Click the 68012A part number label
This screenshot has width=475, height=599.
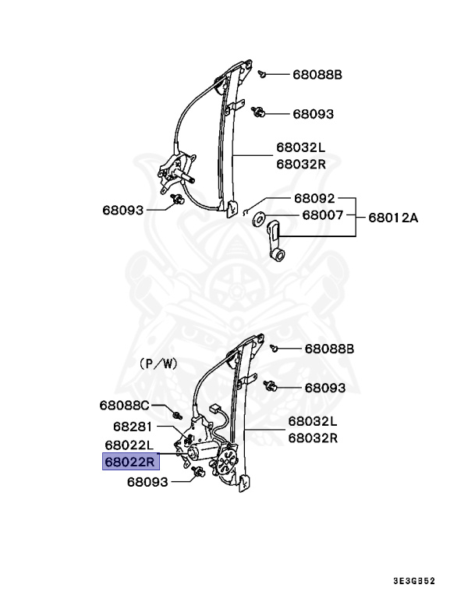(x=393, y=218)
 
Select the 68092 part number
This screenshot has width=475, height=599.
(x=314, y=198)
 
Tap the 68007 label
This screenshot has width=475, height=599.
(x=323, y=214)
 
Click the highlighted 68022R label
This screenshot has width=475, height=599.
(x=131, y=461)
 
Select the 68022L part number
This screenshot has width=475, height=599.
(x=131, y=444)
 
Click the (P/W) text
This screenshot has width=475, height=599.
(x=158, y=363)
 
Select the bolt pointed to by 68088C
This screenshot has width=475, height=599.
(x=178, y=413)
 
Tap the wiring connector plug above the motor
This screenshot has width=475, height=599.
(x=215, y=408)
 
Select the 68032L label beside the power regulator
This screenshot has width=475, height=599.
(x=312, y=421)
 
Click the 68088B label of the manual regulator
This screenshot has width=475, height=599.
(x=317, y=75)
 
